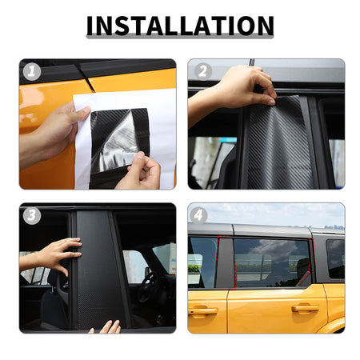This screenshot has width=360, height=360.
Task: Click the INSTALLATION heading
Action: pos(180,26)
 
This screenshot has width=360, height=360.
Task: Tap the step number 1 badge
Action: pos(32,72)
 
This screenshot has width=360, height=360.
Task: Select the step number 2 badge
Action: pos(202,71)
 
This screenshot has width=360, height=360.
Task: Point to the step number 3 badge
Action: pos(32,215)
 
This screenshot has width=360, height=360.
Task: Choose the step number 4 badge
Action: pos(198,215)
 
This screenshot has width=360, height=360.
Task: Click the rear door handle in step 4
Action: pos(306,308)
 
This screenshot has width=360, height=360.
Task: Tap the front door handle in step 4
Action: pos(202,310)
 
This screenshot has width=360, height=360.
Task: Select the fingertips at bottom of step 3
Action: pos(106,327)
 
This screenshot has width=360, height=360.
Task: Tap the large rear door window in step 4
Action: pos(272,262)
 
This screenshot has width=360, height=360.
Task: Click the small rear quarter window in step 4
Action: pos(335,258)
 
